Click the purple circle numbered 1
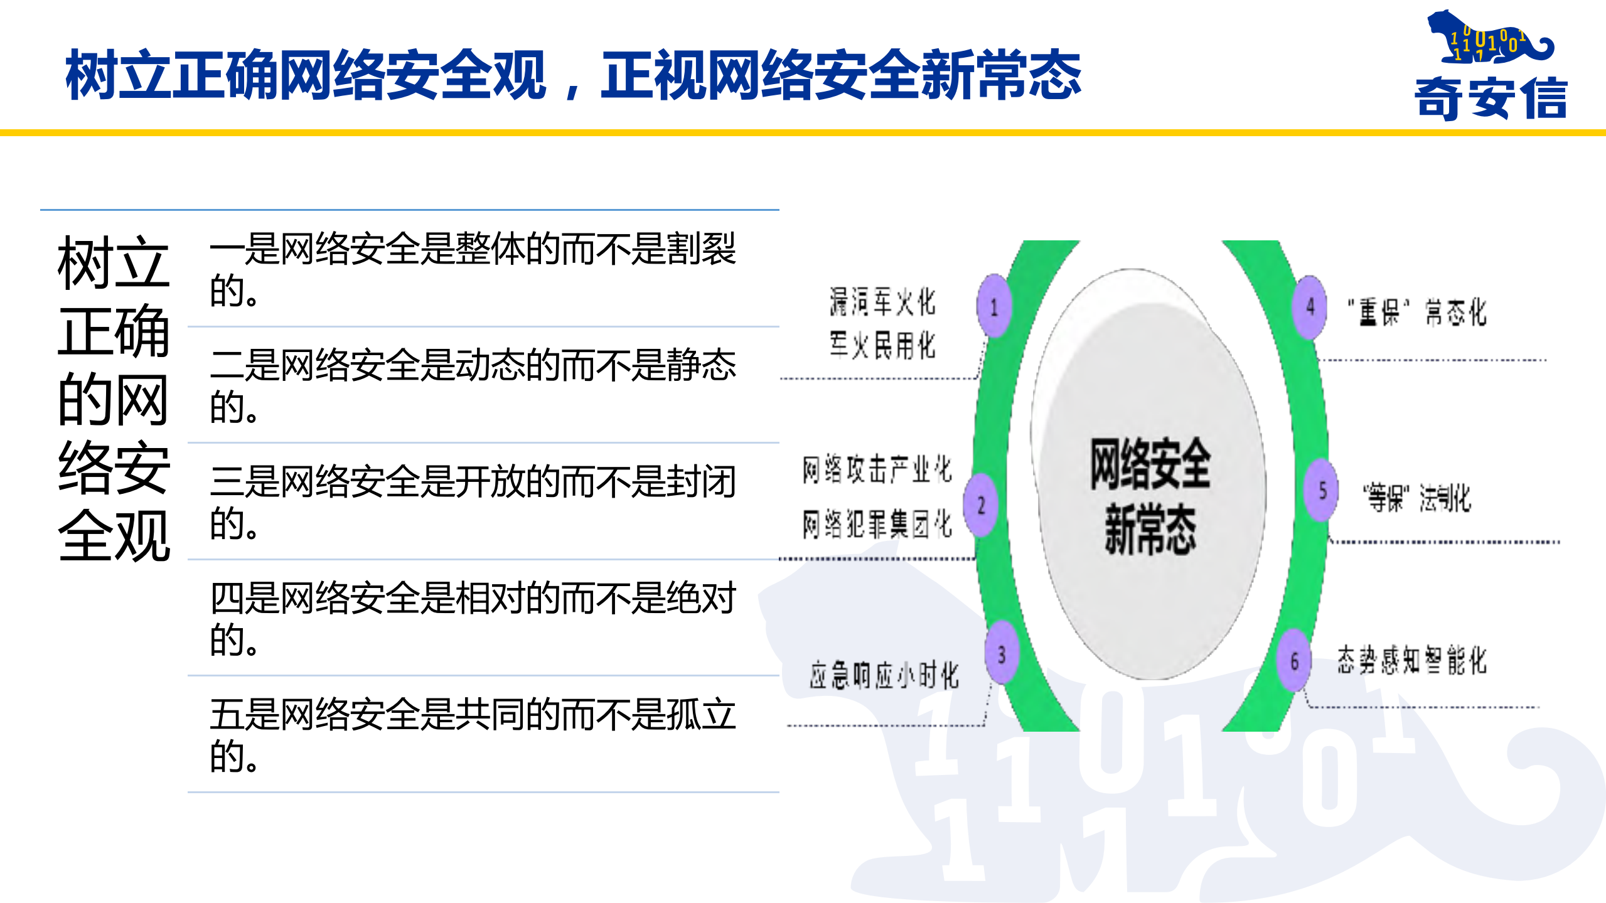pos(994,306)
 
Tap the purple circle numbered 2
pos(981,505)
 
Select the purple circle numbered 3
pos(1002,654)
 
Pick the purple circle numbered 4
pos(1310,307)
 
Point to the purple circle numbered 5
pos(1322,491)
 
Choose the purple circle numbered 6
pos(1294,661)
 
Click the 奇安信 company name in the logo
pos(1491,98)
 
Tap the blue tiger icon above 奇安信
pos(1487,38)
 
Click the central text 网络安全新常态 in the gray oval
pos(1150,496)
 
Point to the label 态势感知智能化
pos(1411,660)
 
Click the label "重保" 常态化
pos(1417,312)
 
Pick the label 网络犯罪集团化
pos(877,524)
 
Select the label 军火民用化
pos(882,345)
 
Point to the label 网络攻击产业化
pos(877,469)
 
